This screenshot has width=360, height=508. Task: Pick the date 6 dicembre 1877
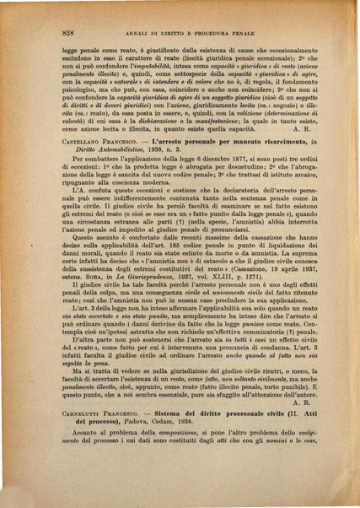tap(200, 206)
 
